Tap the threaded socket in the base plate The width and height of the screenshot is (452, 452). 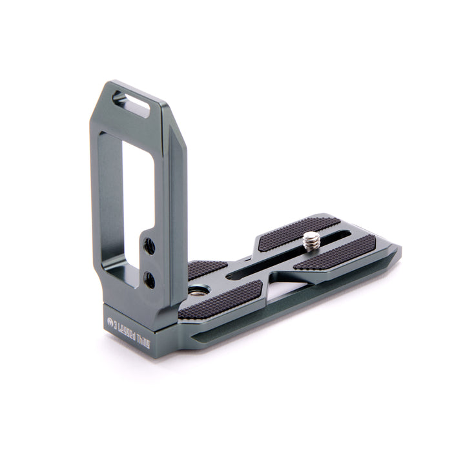point(196,291)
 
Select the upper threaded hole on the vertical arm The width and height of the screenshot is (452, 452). point(149,245)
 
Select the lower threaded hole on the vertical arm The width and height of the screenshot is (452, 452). point(149,280)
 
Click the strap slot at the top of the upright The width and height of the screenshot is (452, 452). point(131,103)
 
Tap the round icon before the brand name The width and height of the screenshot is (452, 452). point(109,320)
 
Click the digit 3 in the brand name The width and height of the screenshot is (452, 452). point(116,324)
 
